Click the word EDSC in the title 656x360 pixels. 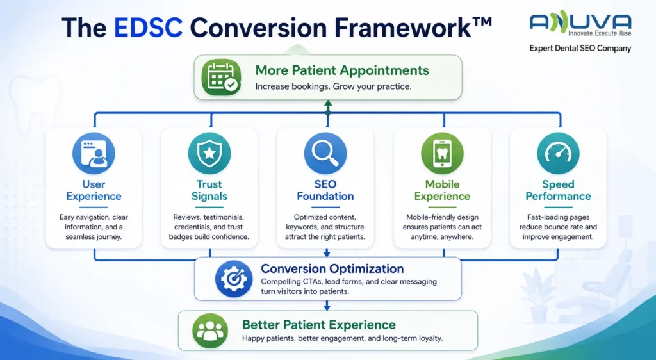coord(148,28)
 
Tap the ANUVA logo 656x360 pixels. coord(580,25)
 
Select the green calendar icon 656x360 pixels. coord(221,77)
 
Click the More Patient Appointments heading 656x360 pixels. coord(342,70)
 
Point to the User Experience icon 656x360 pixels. coord(94,153)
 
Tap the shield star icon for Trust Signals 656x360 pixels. coord(209,153)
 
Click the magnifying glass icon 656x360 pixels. coord(325,153)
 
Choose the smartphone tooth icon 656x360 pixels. coord(442,153)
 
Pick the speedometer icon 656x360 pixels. coord(558,153)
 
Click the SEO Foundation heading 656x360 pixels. coord(325,190)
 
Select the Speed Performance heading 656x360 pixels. coord(558,190)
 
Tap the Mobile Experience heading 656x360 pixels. coord(442,190)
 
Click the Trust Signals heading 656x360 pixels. coord(209,190)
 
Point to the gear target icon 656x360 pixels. coord(234,279)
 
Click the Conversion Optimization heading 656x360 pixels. coord(332,268)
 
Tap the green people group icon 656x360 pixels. coord(210,331)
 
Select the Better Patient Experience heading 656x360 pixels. coord(319,325)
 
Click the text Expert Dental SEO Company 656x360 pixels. coord(580,49)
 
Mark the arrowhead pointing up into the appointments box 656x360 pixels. coord(328,103)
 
